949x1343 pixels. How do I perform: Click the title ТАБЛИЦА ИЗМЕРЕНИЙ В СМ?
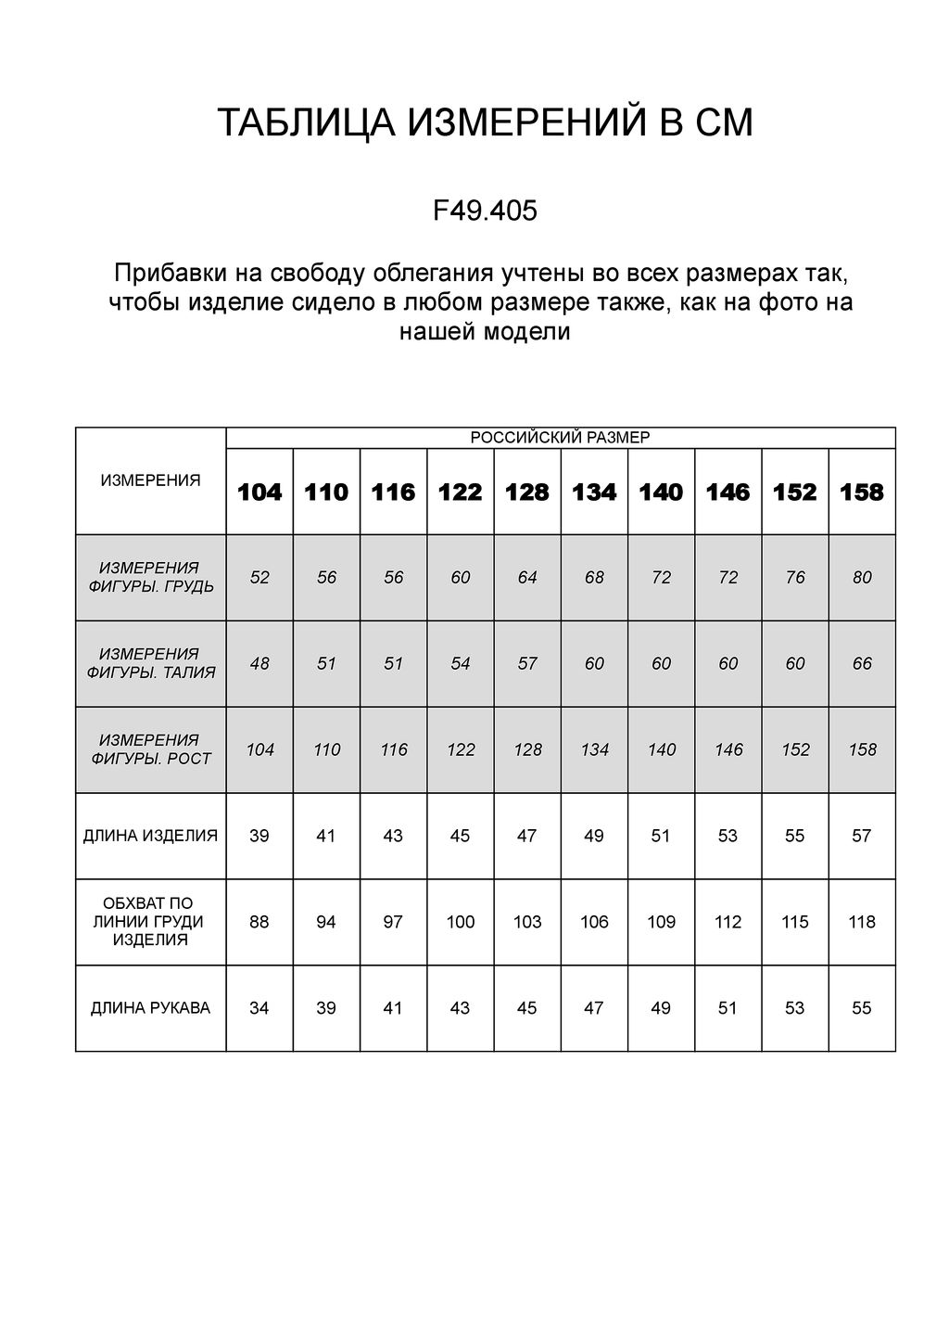click(x=485, y=123)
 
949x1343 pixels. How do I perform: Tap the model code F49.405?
click(x=485, y=211)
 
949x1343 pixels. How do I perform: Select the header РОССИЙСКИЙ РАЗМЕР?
click(x=561, y=438)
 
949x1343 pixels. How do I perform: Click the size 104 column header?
click(x=259, y=492)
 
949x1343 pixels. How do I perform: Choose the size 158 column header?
click(x=862, y=492)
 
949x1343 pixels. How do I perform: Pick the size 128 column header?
click(x=527, y=492)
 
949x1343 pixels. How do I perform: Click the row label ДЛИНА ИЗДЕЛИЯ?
click(x=150, y=836)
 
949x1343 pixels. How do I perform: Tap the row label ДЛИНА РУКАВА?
click(x=150, y=1008)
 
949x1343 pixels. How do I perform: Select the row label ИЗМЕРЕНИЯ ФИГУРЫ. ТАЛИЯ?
click(x=150, y=663)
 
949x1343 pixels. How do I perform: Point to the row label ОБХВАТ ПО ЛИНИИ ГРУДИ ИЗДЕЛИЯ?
click(x=150, y=922)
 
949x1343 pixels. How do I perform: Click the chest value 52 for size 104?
click(x=259, y=578)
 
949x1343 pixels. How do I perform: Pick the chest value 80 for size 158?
click(x=862, y=578)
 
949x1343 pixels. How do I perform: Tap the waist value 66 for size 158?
click(x=862, y=664)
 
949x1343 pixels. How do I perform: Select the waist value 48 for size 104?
click(x=259, y=664)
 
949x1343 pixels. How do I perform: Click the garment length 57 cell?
click(x=862, y=836)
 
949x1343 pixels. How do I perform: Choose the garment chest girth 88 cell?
click(x=259, y=922)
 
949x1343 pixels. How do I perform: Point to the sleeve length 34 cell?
click(x=259, y=1008)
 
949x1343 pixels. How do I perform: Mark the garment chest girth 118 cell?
click(x=862, y=922)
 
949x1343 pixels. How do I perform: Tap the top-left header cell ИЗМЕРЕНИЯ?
click(x=150, y=480)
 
